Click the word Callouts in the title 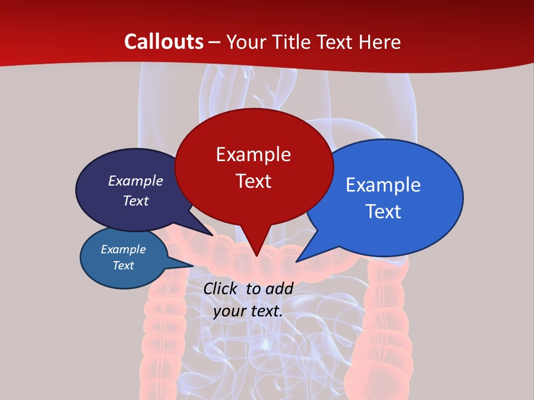coord(164,42)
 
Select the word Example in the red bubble coord(253,154)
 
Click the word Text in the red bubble coord(253,181)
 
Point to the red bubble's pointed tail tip coord(256,256)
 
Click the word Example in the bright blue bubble coord(383,185)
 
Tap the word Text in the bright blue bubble coord(383,212)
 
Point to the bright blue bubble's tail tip coord(296,262)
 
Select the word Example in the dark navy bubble coord(136,181)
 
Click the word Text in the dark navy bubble coord(136,201)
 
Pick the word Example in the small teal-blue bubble coord(123,249)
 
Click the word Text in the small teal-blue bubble coord(123,266)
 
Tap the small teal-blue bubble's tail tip coord(193,266)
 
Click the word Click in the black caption coord(220,288)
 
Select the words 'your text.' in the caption coord(248,311)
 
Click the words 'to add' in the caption coord(270,288)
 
